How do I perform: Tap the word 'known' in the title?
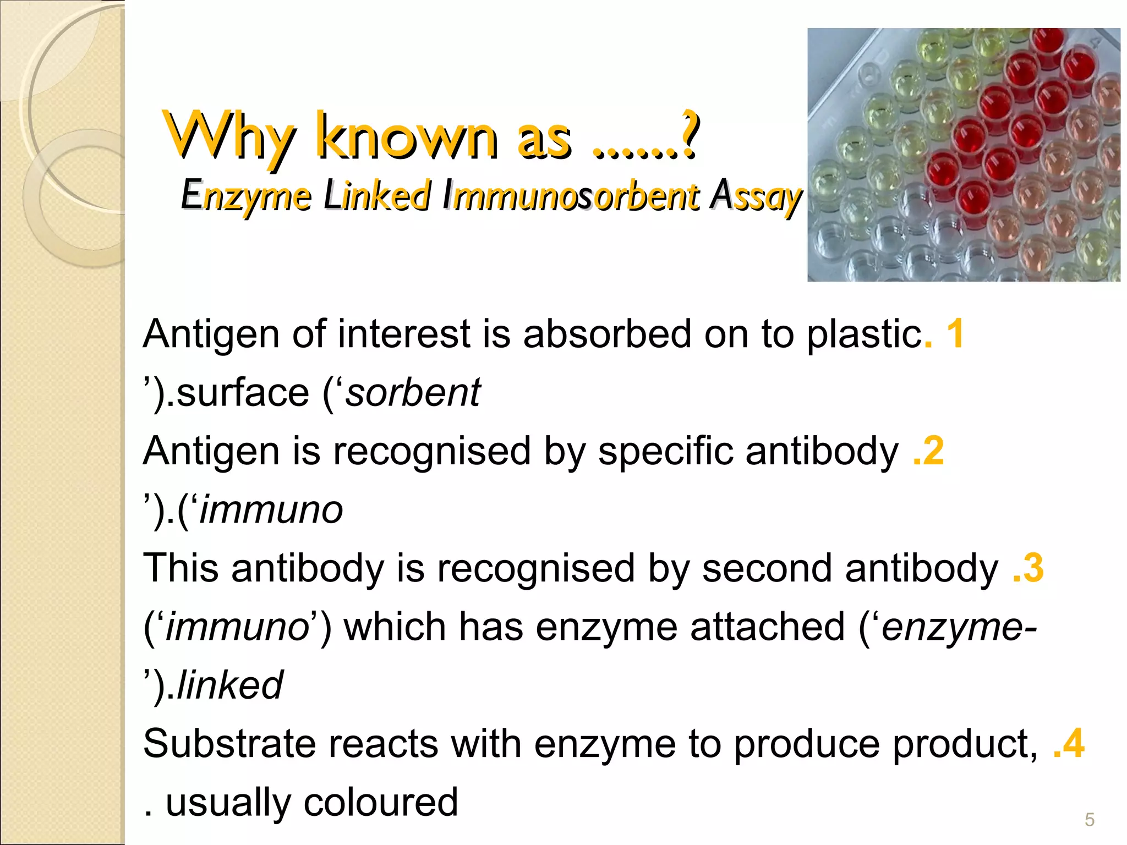click(x=407, y=138)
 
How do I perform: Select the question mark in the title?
click(x=689, y=135)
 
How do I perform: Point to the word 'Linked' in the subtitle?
click(x=377, y=196)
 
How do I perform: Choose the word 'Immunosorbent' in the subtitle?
click(x=571, y=196)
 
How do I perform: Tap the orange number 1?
click(x=955, y=333)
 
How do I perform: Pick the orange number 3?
click(x=1034, y=568)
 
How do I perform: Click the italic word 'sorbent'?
click(x=413, y=392)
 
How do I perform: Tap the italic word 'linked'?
click(x=230, y=685)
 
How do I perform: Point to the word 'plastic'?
click(x=865, y=334)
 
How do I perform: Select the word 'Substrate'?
click(x=229, y=743)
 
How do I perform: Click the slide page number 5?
click(x=1090, y=820)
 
